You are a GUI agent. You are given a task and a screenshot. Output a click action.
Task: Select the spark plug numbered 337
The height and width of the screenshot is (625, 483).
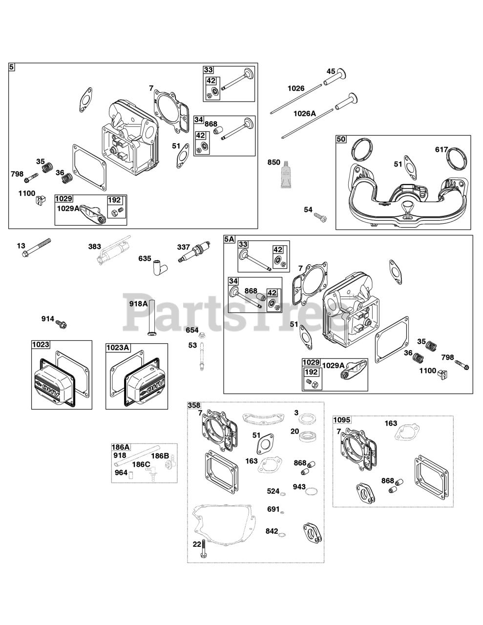click(x=196, y=252)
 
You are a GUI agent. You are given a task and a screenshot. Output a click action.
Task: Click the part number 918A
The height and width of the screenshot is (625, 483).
click(x=138, y=304)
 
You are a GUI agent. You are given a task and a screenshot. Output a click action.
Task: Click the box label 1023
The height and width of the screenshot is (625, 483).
click(x=41, y=345)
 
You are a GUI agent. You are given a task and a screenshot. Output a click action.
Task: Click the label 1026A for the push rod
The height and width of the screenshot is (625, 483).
click(x=305, y=113)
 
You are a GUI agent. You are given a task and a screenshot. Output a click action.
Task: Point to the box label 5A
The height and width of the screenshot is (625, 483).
click(x=230, y=239)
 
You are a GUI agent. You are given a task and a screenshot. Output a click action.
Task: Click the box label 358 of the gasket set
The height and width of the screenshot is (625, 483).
click(x=194, y=406)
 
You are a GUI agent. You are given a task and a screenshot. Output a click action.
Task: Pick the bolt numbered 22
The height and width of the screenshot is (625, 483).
click(x=203, y=549)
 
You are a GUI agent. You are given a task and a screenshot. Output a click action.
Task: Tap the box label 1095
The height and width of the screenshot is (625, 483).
click(x=342, y=420)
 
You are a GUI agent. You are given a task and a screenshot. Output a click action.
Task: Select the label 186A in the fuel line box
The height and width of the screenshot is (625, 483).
click(x=121, y=447)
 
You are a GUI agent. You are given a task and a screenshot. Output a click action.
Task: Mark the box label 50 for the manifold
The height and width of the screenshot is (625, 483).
click(x=341, y=139)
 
